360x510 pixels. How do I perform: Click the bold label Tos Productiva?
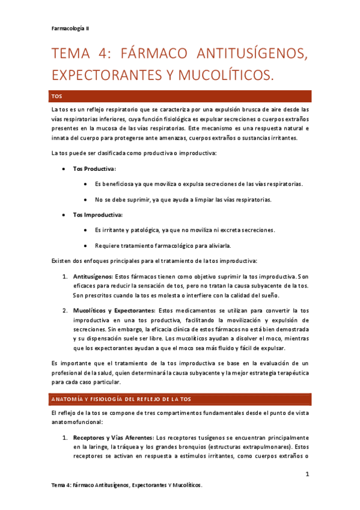click(x=95, y=169)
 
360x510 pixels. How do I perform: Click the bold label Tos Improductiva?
click(x=98, y=215)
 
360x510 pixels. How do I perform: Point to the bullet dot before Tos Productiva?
click(x=64, y=169)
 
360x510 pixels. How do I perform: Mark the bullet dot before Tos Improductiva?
click(x=64, y=215)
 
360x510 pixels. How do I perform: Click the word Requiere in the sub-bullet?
click(x=106, y=245)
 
